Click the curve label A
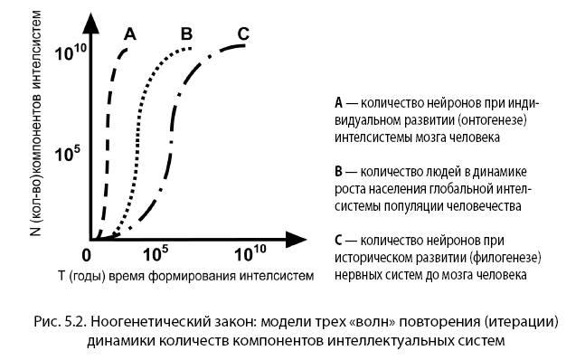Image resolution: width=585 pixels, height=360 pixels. (x=130, y=34)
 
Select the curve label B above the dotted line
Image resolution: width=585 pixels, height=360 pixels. (x=186, y=34)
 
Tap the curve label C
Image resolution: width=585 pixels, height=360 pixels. (x=242, y=34)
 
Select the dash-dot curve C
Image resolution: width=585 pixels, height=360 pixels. (x=174, y=136)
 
